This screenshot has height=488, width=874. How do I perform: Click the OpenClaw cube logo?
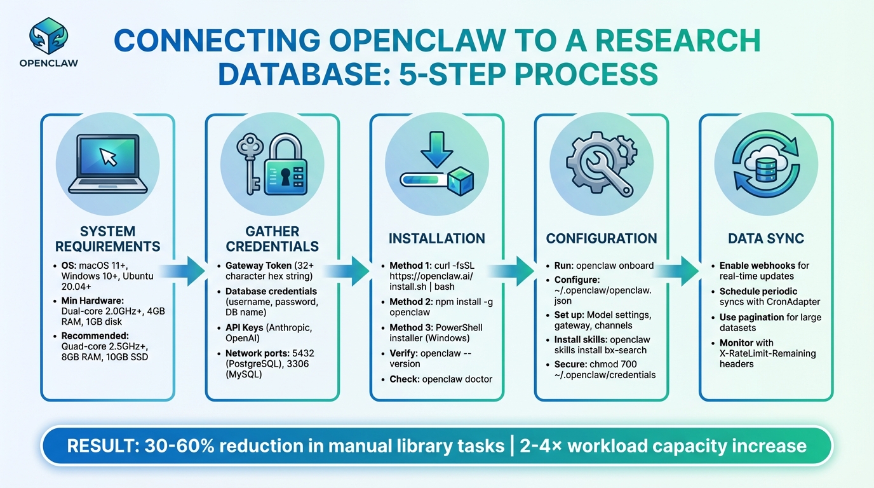[x=48, y=36]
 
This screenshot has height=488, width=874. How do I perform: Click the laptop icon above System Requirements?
[x=107, y=163]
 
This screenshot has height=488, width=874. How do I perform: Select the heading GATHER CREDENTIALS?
[x=272, y=238]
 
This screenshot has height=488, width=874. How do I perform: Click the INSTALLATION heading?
[x=436, y=238]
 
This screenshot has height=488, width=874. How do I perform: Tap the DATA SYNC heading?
[x=766, y=238]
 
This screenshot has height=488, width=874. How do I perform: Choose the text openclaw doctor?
[x=457, y=379]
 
